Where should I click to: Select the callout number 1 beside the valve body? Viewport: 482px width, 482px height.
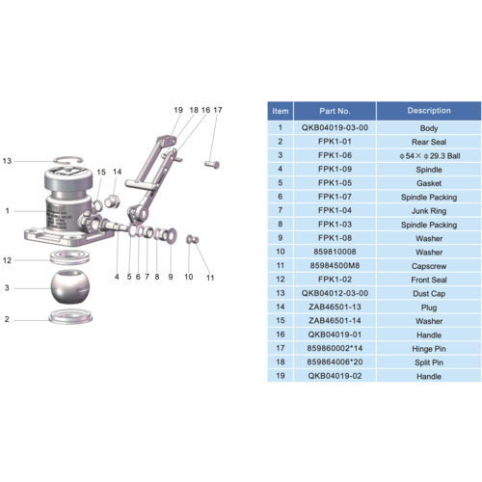click(8, 210)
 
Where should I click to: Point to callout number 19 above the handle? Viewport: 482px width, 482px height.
click(177, 111)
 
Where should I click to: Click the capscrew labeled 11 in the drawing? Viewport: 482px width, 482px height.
click(191, 238)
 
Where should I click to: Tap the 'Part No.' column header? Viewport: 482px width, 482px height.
click(335, 111)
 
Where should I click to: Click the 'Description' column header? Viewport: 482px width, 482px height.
click(429, 111)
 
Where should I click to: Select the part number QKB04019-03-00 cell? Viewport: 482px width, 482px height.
click(335, 127)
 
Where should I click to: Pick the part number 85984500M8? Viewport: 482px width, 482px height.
click(335, 265)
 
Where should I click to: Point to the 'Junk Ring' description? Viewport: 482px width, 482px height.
click(429, 210)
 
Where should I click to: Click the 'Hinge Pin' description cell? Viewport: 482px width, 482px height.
click(429, 347)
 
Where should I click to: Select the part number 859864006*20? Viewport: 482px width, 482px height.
click(335, 361)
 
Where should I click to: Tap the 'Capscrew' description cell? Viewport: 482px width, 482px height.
click(429, 265)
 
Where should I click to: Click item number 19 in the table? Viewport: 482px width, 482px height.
click(280, 375)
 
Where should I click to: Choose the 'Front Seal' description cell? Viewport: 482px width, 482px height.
click(429, 279)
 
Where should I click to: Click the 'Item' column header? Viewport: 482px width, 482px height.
click(280, 111)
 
